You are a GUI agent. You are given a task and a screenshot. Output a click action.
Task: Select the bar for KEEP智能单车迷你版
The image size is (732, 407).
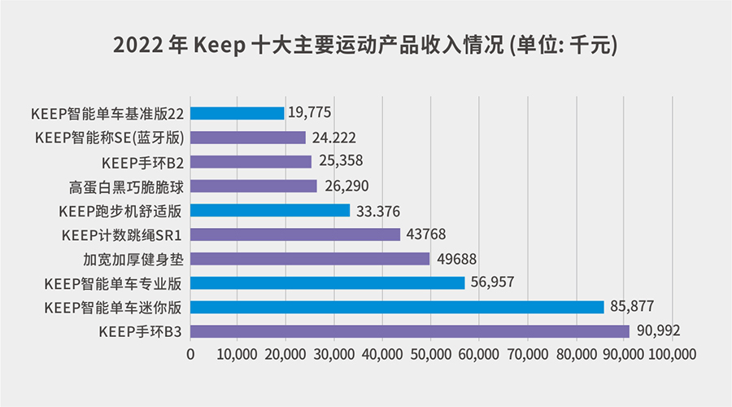[x=397, y=307]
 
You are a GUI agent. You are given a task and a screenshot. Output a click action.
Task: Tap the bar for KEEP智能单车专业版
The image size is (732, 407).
[x=328, y=282]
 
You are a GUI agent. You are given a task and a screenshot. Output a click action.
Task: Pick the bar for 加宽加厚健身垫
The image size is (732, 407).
[x=310, y=259]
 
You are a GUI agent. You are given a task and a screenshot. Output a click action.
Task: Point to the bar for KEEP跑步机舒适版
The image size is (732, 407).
[x=271, y=211]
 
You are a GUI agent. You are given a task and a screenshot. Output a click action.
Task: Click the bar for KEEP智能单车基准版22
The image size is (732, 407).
[x=237, y=113]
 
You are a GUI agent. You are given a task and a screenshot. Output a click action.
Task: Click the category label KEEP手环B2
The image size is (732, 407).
[x=147, y=162]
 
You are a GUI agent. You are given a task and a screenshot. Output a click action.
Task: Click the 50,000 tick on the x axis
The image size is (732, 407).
[x=429, y=354]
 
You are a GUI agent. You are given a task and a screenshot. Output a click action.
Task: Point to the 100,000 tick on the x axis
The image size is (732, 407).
[x=670, y=354]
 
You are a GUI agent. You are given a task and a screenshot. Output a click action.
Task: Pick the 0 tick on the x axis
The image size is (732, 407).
[x=191, y=354]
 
